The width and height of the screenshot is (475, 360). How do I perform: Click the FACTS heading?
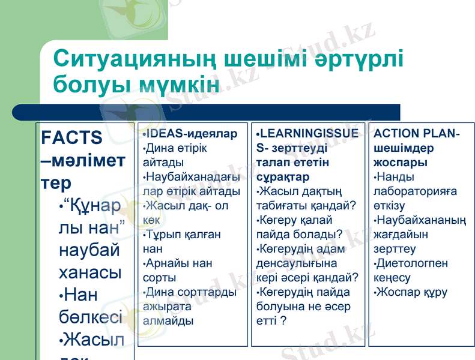pos(71,137)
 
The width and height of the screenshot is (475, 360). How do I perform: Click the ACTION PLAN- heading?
pos(417,133)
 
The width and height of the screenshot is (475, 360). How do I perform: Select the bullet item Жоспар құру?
pos(413,292)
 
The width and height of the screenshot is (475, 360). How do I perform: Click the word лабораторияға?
pos(414,191)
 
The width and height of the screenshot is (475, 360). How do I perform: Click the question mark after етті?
pos(283,321)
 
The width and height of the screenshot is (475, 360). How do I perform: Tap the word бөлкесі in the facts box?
pos(91,316)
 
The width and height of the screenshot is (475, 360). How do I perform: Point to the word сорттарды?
pos(204,292)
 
